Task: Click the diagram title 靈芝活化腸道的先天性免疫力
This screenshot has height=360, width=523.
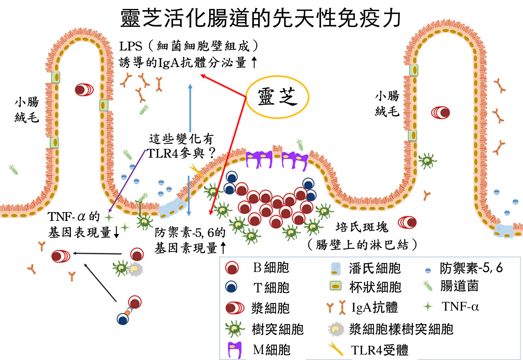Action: (x=261, y=18)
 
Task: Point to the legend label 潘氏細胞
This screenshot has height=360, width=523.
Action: (x=374, y=268)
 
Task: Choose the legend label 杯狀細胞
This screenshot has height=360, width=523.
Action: (x=375, y=287)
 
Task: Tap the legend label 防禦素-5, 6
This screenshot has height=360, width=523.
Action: (x=471, y=268)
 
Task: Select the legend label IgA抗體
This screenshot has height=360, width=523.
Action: (x=374, y=307)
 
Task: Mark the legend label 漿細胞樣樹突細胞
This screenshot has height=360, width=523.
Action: (x=401, y=328)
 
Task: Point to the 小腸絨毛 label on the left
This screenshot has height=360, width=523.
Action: (x=26, y=110)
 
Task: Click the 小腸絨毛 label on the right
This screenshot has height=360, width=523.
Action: (x=387, y=103)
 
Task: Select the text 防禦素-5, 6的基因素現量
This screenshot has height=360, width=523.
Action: (x=190, y=240)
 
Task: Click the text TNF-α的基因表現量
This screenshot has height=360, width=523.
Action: (x=77, y=223)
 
